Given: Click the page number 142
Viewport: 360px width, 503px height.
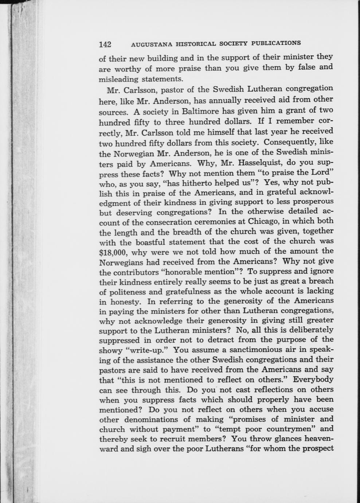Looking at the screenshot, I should click(x=105, y=44).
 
